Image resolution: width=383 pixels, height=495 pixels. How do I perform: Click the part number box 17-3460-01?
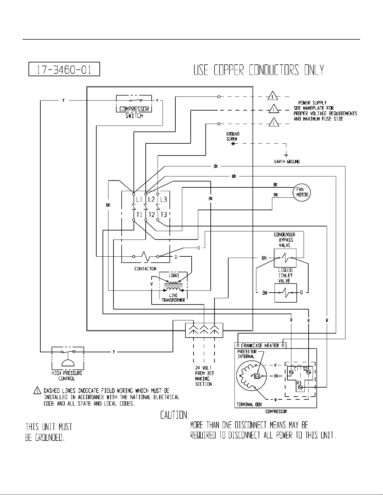[64, 69]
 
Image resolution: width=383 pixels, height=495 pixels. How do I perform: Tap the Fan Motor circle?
[302, 192]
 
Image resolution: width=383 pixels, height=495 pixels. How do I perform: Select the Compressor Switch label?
[134, 112]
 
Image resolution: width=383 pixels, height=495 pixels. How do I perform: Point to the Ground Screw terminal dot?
[233, 144]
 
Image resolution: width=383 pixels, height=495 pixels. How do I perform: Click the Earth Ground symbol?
[286, 155]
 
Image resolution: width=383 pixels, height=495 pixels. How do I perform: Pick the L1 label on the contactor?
[139, 200]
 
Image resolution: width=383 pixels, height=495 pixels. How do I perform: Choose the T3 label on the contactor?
[164, 215]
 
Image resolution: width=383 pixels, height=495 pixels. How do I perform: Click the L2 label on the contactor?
[151, 200]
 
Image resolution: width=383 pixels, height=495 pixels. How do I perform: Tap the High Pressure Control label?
[67, 376]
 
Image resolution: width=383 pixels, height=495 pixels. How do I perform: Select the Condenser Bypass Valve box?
[285, 258]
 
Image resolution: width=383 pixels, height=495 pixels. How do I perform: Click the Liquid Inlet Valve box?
[286, 293]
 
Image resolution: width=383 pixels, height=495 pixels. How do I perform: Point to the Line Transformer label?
[173, 298]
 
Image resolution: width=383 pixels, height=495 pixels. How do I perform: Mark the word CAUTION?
[175, 415]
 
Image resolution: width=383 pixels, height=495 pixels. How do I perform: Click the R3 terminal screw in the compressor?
[300, 387]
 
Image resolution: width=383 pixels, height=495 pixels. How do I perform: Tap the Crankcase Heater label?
[260, 346]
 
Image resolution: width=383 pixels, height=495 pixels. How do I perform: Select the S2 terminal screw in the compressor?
[309, 372]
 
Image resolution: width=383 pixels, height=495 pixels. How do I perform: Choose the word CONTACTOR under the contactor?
[145, 269]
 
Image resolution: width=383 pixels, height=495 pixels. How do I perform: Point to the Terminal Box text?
[249, 404]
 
